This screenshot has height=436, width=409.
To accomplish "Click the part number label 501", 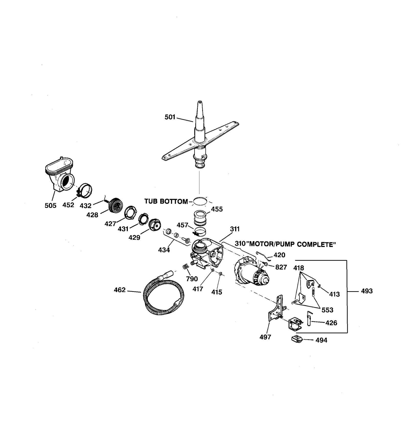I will (x=170, y=117).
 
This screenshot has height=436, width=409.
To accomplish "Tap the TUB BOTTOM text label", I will (x=166, y=201).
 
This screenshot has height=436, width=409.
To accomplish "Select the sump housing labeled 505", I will (x=58, y=176).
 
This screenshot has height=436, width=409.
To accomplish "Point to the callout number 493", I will (x=367, y=291).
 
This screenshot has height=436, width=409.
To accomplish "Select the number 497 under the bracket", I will (x=265, y=337).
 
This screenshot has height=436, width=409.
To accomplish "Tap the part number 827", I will (x=281, y=267).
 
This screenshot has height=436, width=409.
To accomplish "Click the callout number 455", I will (x=217, y=209).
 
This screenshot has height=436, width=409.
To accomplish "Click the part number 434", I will (x=164, y=250).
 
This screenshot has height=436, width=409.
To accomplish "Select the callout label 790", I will (x=192, y=279).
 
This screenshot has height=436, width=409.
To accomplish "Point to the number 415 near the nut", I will (x=217, y=292).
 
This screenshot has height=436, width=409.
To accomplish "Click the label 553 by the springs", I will (x=327, y=310).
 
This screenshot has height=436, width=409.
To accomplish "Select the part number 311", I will (x=235, y=229).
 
